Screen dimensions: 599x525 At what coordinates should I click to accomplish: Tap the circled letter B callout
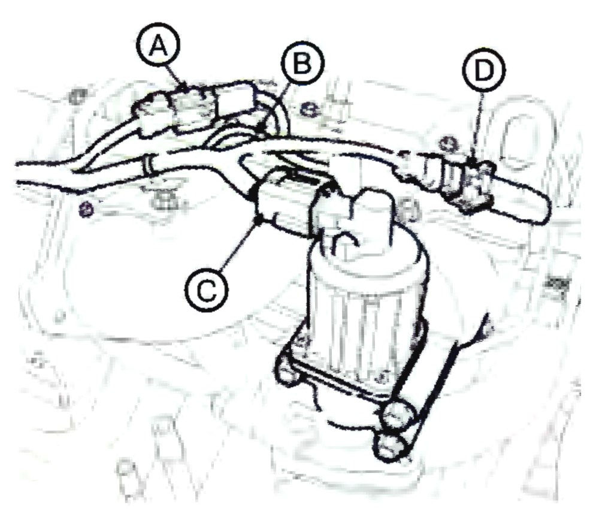coord(302,63)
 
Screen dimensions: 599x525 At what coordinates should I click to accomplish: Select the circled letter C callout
coord(207,289)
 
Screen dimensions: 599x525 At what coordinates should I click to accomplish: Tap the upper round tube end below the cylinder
coord(399,415)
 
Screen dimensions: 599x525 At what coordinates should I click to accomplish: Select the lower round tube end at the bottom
coord(391,446)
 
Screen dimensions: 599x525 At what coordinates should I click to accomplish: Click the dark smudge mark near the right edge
coord(555,284)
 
